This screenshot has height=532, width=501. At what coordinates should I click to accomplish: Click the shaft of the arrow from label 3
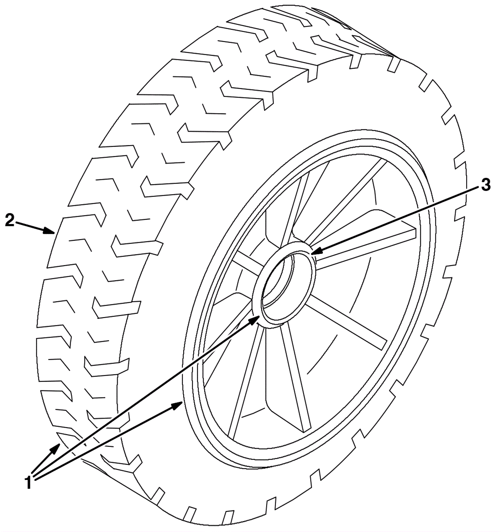click(x=398, y=219)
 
